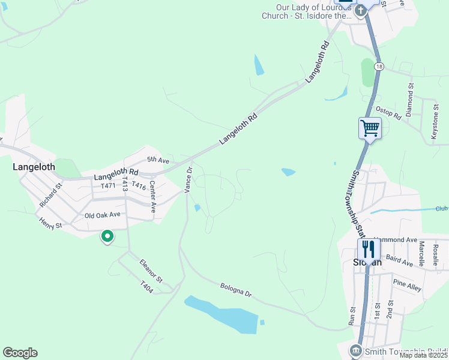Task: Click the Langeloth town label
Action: [34, 167]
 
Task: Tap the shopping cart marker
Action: [370, 128]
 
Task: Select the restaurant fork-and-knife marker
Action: [369, 249]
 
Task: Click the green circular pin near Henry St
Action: [107, 237]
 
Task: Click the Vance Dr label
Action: [188, 179]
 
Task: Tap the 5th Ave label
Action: [158, 160]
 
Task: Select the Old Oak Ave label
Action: [103, 214]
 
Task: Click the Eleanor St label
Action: [151, 271]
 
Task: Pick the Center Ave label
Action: [153, 197]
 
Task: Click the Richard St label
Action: [50, 196]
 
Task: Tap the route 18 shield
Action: [378, 67]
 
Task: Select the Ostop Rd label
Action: [388, 113]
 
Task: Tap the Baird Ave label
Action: [400, 260]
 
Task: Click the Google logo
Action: [20, 353]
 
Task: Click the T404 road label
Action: [147, 287]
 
